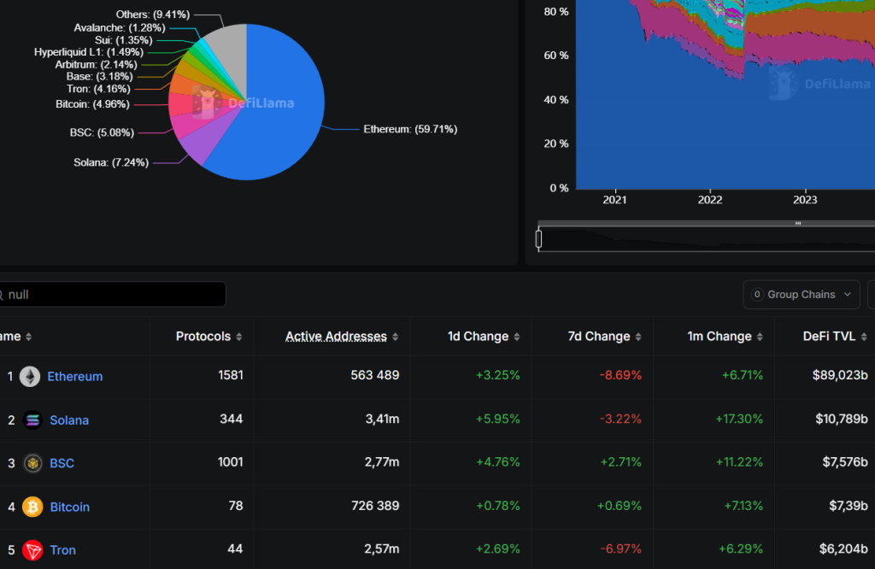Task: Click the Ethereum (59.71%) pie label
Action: [x=410, y=130]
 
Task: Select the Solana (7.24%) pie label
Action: [x=111, y=162]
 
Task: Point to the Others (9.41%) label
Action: [x=153, y=15]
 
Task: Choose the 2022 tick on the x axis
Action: [x=710, y=200]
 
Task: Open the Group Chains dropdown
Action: [x=802, y=295]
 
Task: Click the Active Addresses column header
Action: [x=336, y=337]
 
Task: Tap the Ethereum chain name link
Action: [x=74, y=377]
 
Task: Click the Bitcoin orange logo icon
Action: [x=32, y=507]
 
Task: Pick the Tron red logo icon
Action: [x=32, y=550]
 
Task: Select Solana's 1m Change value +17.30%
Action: [x=739, y=419]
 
